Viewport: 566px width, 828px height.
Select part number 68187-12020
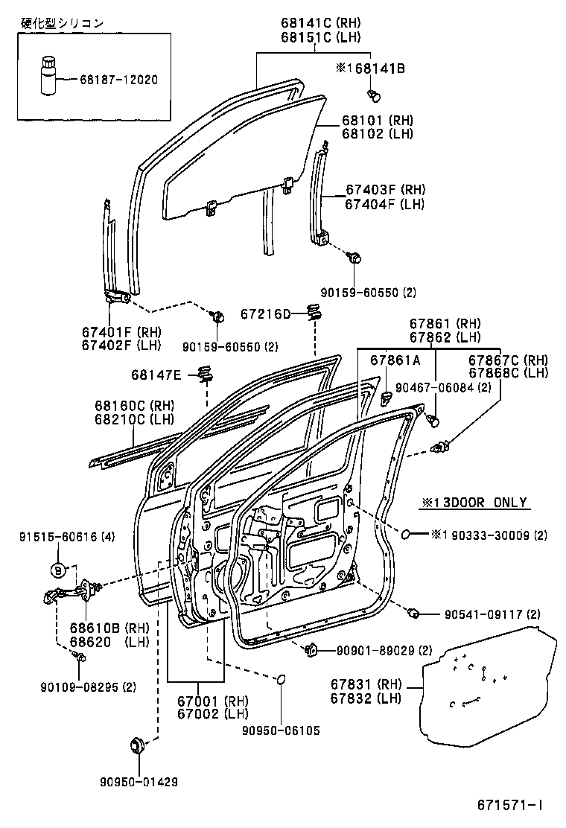(119, 79)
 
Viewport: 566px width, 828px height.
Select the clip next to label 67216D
(314, 313)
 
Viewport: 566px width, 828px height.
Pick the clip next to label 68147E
(207, 374)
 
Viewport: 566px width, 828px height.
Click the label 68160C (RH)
(133, 406)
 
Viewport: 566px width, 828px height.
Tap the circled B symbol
(57, 570)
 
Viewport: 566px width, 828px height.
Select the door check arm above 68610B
(72, 593)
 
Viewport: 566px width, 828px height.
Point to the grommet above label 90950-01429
(137, 744)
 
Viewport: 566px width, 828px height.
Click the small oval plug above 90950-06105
(282, 679)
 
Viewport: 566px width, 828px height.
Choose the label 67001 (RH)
(213, 701)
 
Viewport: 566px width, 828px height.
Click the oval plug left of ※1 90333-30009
(407, 534)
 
